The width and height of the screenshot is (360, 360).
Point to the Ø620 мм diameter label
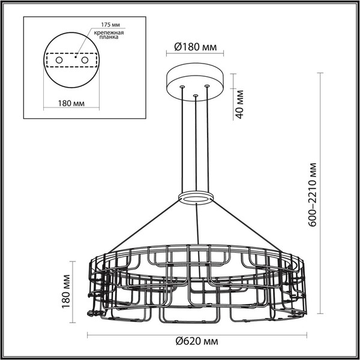[x=196, y=342]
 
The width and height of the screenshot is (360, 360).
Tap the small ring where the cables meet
[x=196, y=197]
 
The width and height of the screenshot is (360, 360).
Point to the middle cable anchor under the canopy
[x=195, y=95]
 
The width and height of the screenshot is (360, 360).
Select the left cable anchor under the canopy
[x=181, y=88]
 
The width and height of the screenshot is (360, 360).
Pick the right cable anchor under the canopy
[x=208, y=86]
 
